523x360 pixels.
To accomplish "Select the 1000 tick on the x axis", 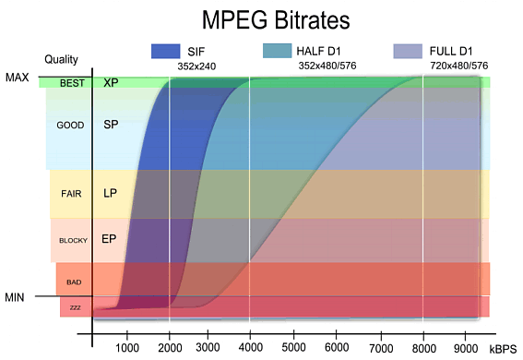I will pyautogui.click(x=127, y=347).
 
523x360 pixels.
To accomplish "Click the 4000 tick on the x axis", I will pyautogui.click(x=251, y=347).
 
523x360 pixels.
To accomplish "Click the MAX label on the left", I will pyautogui.click(x=17, y=78).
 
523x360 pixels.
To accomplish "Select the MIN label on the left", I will pyautogui.click(x=16, y=296).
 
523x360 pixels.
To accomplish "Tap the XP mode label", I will pyautogui.click(x=111, y=82).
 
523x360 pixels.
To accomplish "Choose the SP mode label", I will pyautogui.click(x=111, y=124).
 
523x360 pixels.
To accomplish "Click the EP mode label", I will pyautogui.click(x=108, y=238).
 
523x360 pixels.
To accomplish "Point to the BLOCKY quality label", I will pyautogui.click(x=73, y=240).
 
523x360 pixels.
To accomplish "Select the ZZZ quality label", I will pyautogui.click(x=75, y=306).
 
